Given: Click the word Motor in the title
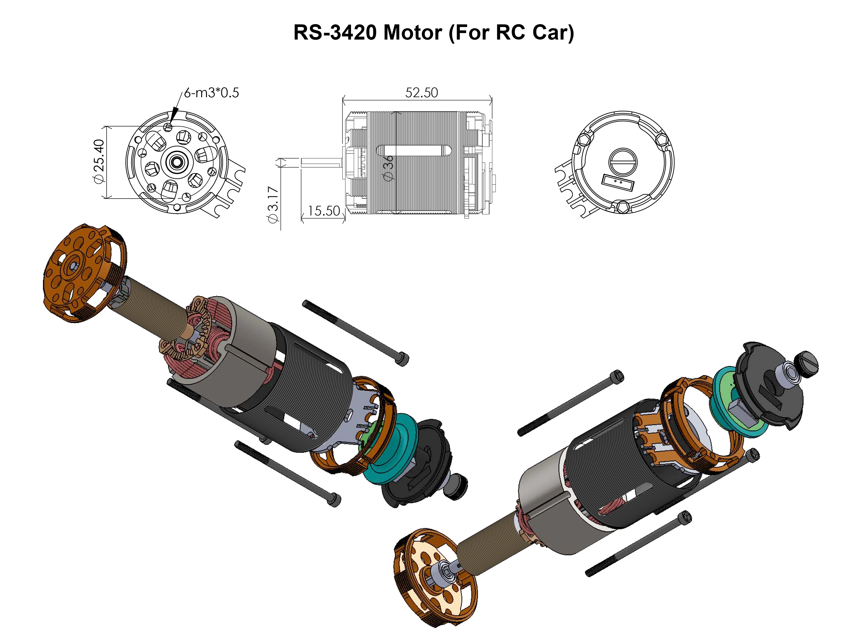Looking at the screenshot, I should pyautogui.click(x=413, y=33).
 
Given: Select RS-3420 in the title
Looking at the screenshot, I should pyautogui.click(x=335, y=33).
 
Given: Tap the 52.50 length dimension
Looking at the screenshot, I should pyautogui.click(x=421, y=93).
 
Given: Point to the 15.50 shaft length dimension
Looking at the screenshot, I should pyautogui.click(x=323, y=211).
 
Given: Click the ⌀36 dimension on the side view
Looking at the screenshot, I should pyautogui.click(x=388, y=168).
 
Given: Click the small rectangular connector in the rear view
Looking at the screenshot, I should pyautogui.click(x=618, y=184).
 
